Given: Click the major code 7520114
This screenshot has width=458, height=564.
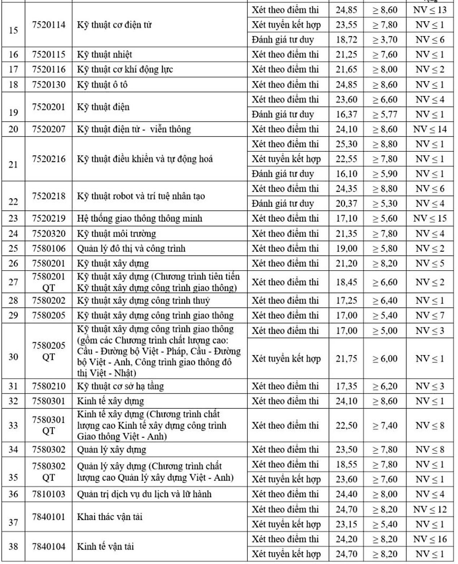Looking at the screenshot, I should click(49, 25).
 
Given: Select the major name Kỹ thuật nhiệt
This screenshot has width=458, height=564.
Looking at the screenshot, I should click(104, 55).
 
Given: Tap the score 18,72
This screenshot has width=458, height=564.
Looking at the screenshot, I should click(346, 40).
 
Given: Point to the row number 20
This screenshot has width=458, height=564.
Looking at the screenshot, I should click(13, 129).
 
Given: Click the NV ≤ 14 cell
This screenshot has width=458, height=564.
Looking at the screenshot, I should click(429, 129).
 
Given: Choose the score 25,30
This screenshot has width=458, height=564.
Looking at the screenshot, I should click(346, 144).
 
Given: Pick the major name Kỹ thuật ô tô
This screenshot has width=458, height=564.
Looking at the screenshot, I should click(102, 85).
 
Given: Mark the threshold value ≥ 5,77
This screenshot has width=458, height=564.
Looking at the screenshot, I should click(385, 115).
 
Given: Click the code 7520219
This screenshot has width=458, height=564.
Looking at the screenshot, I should click(49, 218).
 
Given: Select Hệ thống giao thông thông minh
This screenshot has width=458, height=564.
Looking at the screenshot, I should click(139, 218).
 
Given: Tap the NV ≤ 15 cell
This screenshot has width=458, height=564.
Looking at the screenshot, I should click(429, 218).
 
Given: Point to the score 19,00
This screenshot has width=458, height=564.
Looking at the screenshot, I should click(346, 249).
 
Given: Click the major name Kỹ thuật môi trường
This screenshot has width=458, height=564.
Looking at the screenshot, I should click(116, 234).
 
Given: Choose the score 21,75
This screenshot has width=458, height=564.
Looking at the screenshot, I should click(346, 358).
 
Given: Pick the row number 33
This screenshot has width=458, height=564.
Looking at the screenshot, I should click(13, 425).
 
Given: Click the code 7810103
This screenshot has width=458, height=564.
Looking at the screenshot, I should click(49, 494).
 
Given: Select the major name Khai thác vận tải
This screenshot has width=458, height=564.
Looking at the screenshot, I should click(110, 517).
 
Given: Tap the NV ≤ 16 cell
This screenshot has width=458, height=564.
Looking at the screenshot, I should click(429, 539).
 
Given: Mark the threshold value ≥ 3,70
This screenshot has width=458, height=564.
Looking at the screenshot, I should click(385, 40).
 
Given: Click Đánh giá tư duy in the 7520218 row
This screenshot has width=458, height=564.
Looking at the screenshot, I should click(283, 203).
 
